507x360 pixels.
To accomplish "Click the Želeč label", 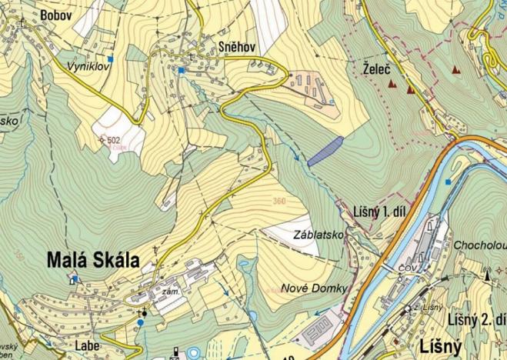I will [x=376, y=69].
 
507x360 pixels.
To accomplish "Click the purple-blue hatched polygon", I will [x=325, y=151].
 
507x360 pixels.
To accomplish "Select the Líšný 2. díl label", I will [x=476, y=319].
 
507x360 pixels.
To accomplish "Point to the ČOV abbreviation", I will [x=408, y=267].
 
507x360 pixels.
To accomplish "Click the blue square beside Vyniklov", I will [x=111, y=59].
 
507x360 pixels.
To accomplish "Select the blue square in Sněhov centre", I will [x=181, y=71].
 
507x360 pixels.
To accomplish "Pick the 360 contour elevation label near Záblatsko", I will [x=282, y=202].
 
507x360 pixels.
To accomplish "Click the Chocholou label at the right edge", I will [x=480, y=245].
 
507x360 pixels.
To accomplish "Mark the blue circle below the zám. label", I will [x=141, y=323].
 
